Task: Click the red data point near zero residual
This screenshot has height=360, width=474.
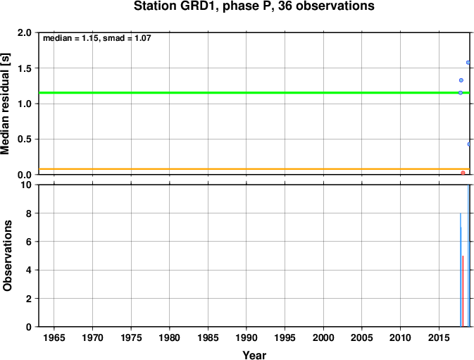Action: tap(463, 173)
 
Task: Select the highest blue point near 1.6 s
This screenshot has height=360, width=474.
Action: tap(468, 63)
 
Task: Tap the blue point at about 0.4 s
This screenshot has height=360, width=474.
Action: tap(469, 144)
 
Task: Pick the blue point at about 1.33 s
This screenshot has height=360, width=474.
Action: tap(461, 80)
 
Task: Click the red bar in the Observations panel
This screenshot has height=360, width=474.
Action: tap(463, 291)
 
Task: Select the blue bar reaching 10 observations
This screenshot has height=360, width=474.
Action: tap(468, 256)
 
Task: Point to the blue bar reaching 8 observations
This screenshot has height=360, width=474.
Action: tap(461, 270)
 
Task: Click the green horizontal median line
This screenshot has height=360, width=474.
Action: tap(254, 92)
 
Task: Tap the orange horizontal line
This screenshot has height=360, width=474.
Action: tap(254, 169)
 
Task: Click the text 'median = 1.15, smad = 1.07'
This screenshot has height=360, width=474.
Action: tap(97, 38)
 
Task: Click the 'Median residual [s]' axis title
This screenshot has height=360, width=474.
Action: tap(5, 104)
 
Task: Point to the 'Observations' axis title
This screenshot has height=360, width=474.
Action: tap(7, 256)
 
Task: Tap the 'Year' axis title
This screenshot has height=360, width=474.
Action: tap(254, 355)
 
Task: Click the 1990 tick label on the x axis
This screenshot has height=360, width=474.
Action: tap(247, 337)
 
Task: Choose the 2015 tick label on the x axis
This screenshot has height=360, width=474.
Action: tap(439, 337)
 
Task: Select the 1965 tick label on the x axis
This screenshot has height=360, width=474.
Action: tap(54, 337)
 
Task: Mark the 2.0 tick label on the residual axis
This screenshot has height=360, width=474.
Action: tap(25, 32)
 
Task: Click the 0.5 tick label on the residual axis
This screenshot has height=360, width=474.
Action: tap(25, 139)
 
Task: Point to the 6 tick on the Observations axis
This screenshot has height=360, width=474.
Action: tap(29, 242)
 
